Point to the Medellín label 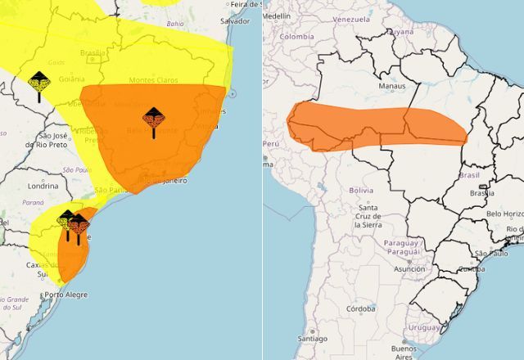pos(277,16)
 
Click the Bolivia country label pos(361,190)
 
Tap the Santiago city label pos(313,339)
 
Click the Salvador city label pos(234,20)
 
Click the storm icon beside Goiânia pos(38,82)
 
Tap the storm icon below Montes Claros pos(153,119)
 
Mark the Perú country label pos(271,142)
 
